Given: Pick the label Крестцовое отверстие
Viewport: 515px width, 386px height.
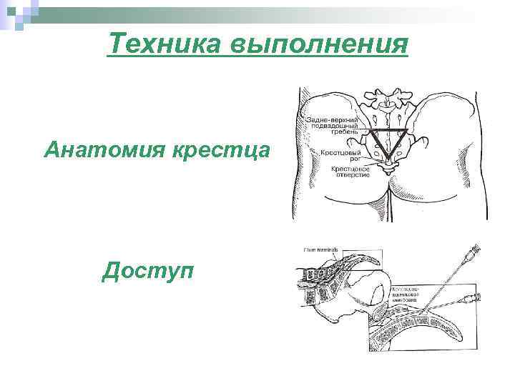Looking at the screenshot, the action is [x=349, y=172].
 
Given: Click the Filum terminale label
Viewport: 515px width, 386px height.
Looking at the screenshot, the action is [x=319, y=249].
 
